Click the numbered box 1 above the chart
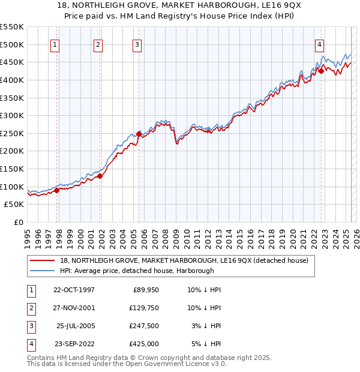click(x=55, y=44)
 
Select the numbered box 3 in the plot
click(x=137, y=44)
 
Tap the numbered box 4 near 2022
click(x=320, y=44)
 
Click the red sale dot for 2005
click(x=139, y=134)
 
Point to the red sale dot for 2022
click(x=321, y=71)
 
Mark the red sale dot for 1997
click(x=57, y=190)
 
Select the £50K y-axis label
click(x=14, y=205)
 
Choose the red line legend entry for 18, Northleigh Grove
click(x=184, y=260)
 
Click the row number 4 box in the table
click(x=29, y=344)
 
